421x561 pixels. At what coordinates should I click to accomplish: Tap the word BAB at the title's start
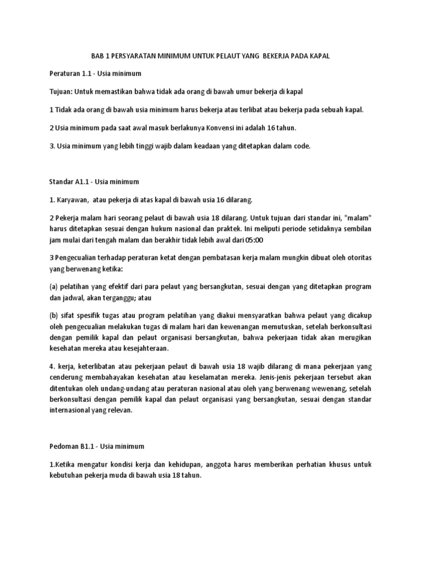coord(96,57)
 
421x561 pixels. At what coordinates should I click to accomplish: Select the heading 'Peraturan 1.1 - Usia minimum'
coord(95,74)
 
